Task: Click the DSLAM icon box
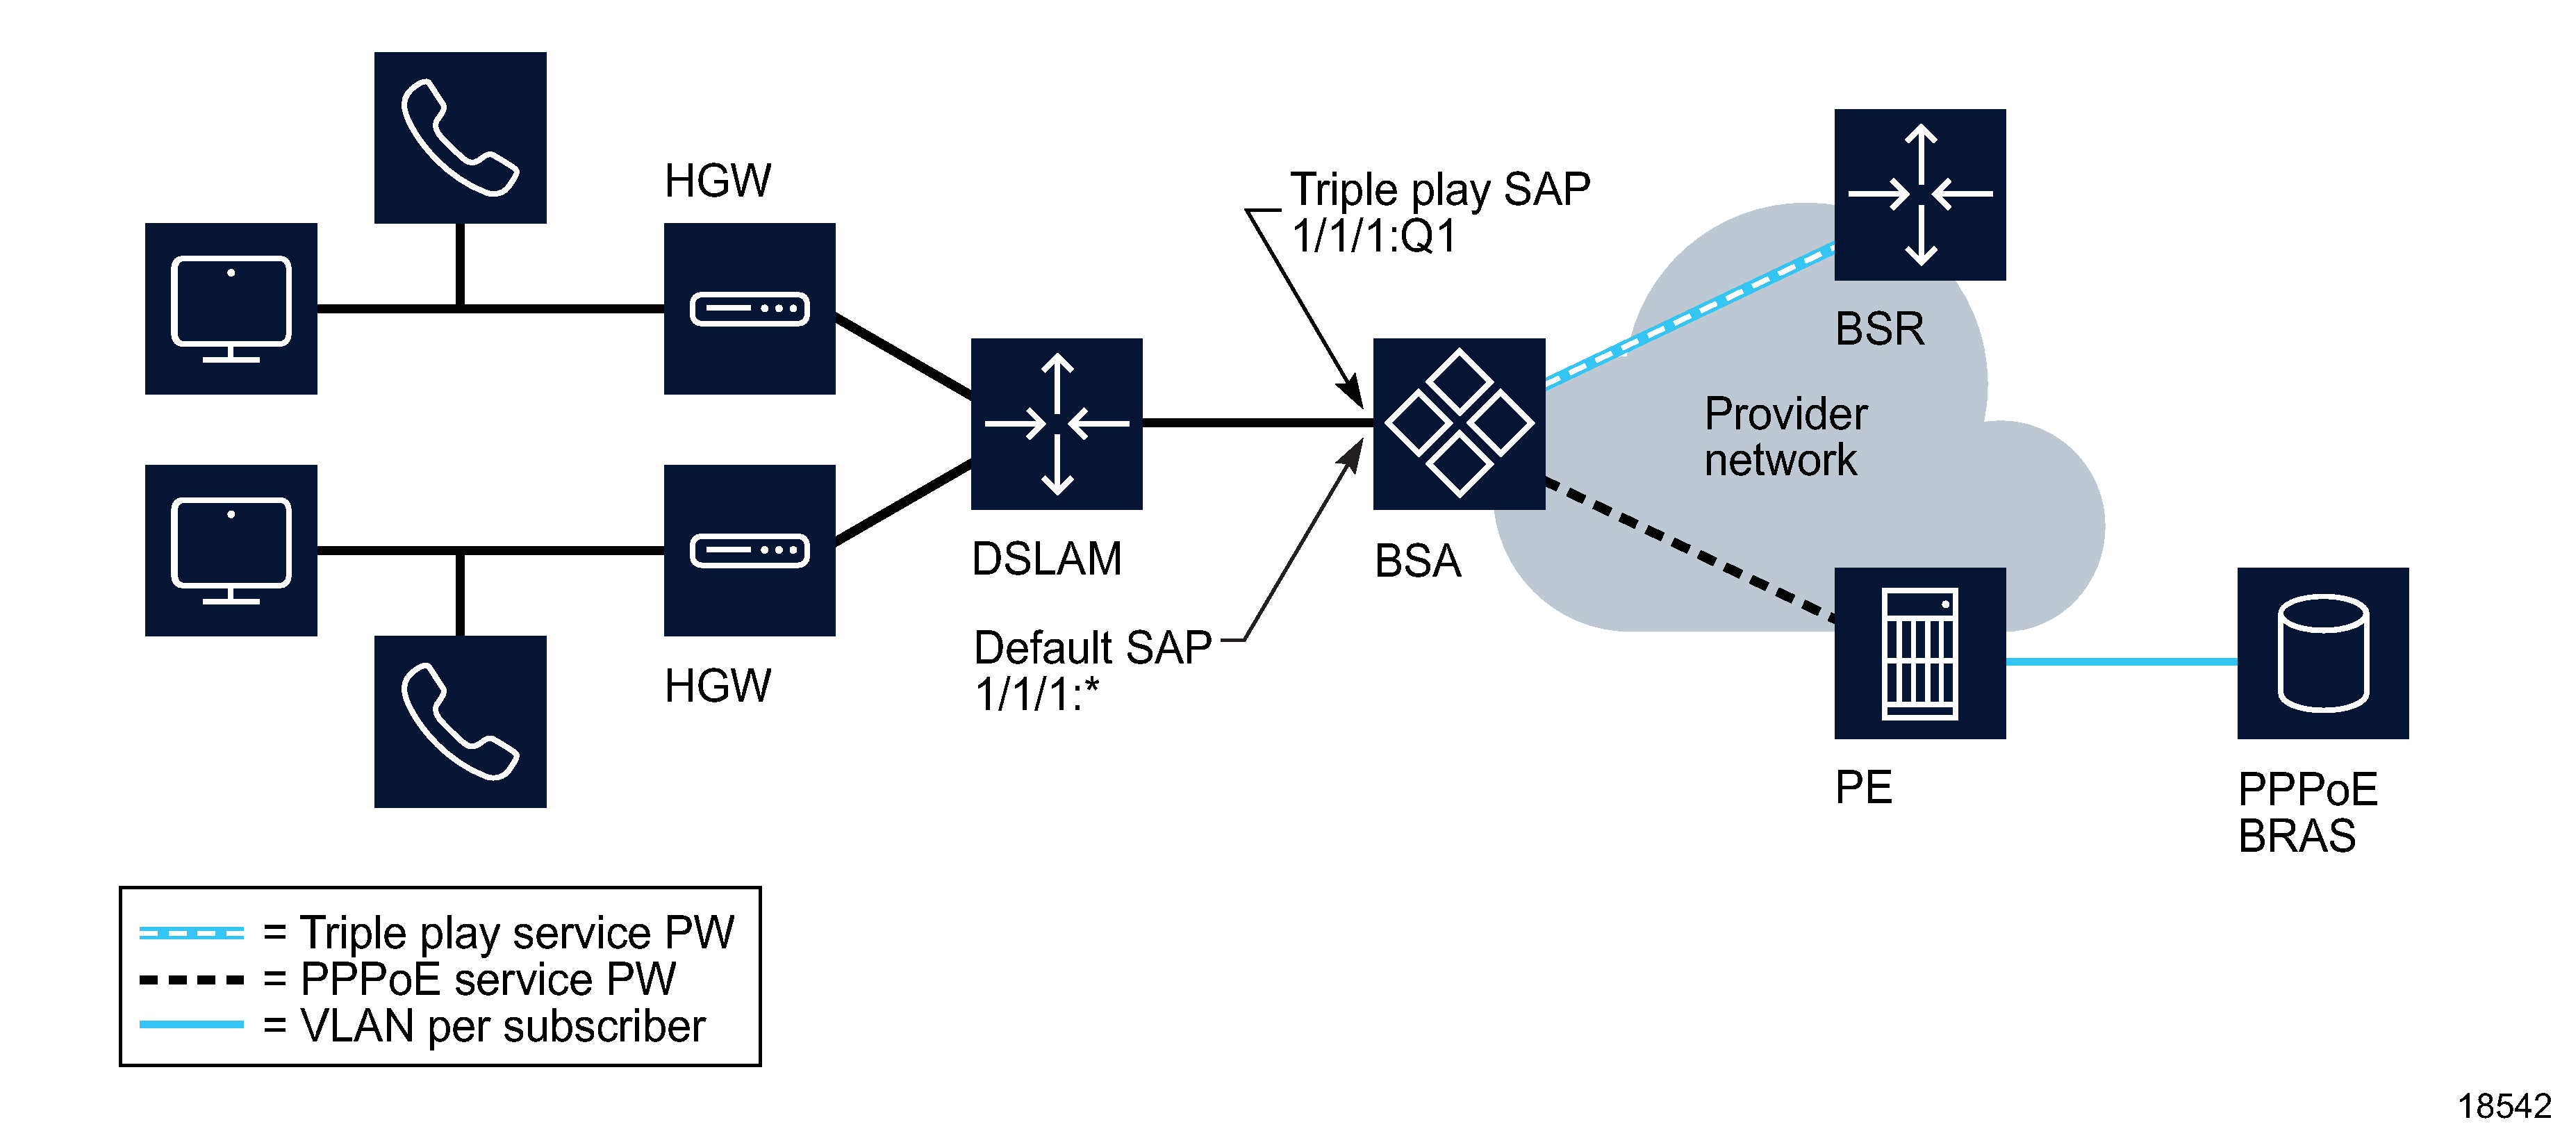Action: tap(1057, 425)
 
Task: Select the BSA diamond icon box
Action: tap(1459, 425)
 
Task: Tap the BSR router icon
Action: tap(1919, 195)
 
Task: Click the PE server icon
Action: tap(1919, 653)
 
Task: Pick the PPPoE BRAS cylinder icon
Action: tap(2322, 653)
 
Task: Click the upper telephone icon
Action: tap(460, 138)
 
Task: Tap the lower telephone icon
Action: tap(460, 722)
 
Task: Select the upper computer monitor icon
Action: tap(231, 308)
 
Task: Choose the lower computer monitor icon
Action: tap(231, 550)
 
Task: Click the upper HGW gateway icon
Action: tap(750, 308)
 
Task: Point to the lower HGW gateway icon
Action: tap(750, 550)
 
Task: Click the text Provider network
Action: tap(1784, 437)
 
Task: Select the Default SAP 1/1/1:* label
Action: tap(1090, 670)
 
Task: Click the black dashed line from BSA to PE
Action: tap(1689, 551)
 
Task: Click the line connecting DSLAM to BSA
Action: tap(1257, 423)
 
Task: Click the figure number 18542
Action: tap(2504, 1105)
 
